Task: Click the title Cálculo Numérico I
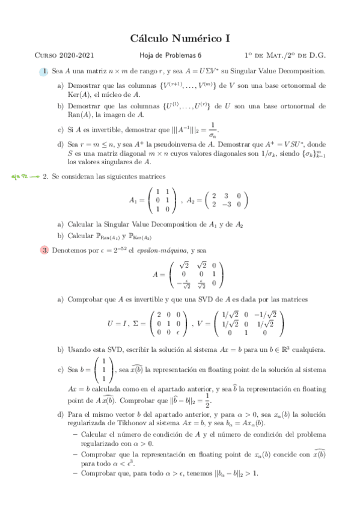tap(180, 39)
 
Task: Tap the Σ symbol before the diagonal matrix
tap(137, 324)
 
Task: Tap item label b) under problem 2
tap(61, 235)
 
